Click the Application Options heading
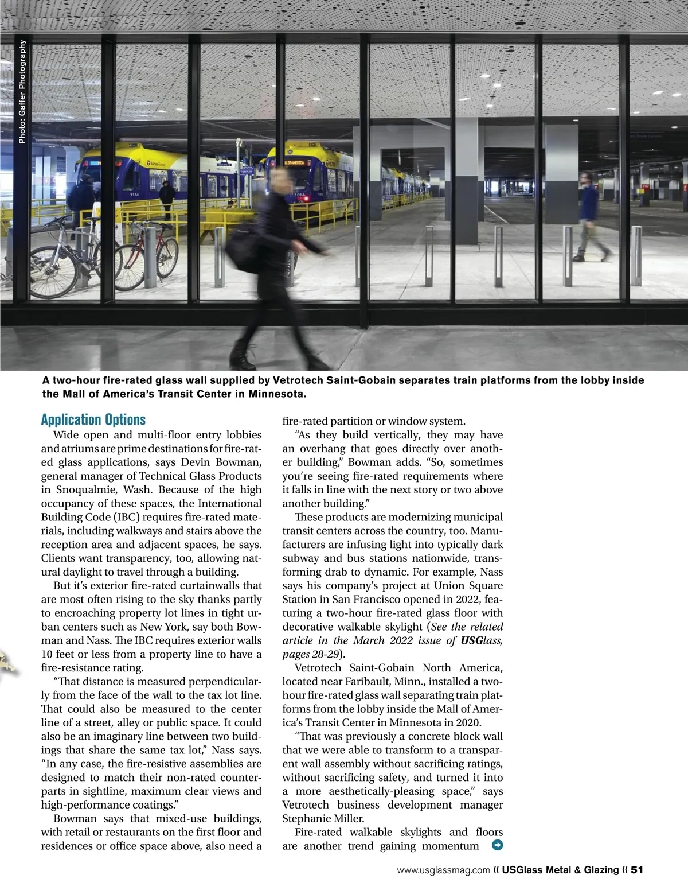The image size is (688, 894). pyautogui.click(x=93, y=419)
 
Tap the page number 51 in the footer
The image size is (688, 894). pyautogui.click(x=638, y=870)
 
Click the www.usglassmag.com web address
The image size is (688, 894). pyautogui.click(x=443, y=870)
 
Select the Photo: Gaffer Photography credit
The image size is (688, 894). pyautogui.click(x=22, y=92)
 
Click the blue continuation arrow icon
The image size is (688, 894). pyautogui.click(x=497, y=845)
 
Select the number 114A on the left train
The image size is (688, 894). pyautogui.click(x=135, y=195)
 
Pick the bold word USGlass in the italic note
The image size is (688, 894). pyautogui.click(x=474, y=640)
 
